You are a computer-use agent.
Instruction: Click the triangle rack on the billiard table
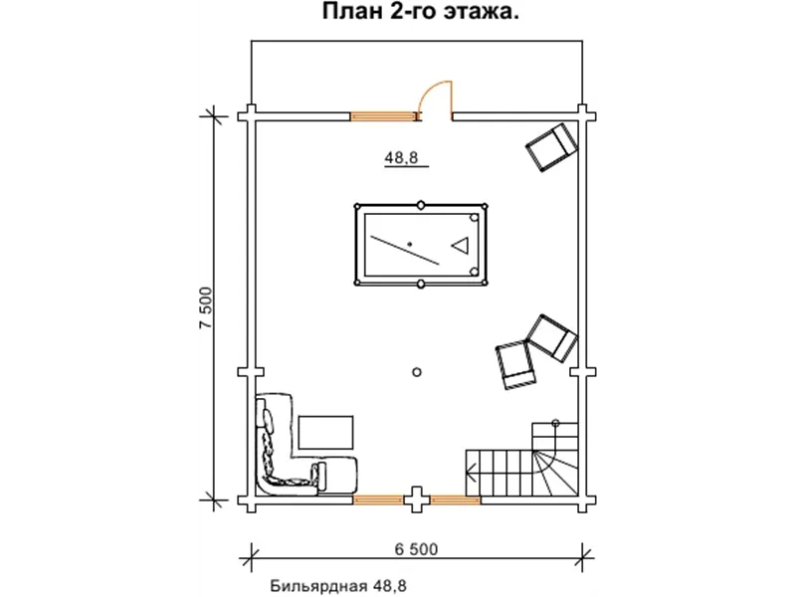click(460, 244)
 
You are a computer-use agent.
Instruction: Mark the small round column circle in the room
click(417, 372)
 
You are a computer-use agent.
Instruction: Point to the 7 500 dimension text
click(206, 312)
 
